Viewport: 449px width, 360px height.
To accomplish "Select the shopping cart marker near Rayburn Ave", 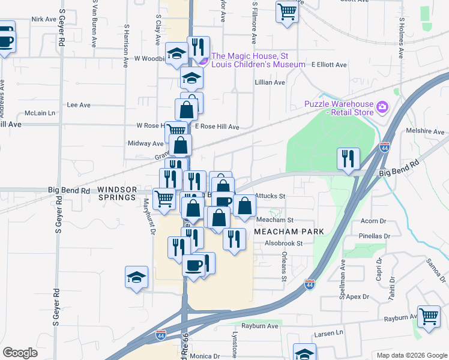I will point(428,316).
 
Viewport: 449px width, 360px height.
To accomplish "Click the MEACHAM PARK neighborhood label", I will point(289,232).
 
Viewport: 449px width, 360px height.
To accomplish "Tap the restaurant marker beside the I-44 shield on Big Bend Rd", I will point(348,159).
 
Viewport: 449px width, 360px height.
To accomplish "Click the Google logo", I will point(20,353).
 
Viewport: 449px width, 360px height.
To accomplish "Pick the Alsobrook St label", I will point(284,244).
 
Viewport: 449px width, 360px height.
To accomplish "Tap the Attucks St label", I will point(270,196).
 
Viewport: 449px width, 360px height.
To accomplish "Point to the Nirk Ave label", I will point(43,19).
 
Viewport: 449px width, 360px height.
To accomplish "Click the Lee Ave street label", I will point(78,105).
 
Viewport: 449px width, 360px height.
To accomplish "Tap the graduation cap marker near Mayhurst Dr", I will point(137,277).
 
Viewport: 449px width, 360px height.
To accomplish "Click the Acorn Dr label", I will point(373,221).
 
